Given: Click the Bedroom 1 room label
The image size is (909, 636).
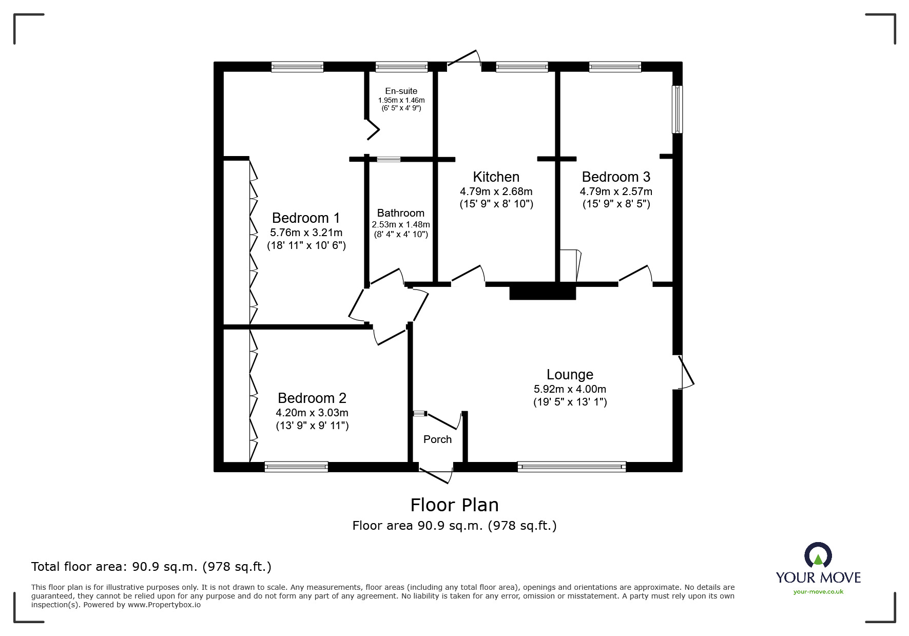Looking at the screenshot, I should coord(306,218).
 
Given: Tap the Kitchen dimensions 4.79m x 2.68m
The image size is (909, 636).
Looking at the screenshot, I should coord(496,191).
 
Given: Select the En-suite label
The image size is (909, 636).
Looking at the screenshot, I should coord(401,91).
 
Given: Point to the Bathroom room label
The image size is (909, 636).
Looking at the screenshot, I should coord(400,213).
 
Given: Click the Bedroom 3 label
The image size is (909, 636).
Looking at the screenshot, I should coord(615,177).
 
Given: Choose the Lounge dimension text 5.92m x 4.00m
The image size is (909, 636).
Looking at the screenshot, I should coord(570,389).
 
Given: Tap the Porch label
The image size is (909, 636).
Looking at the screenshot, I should coord(437,439).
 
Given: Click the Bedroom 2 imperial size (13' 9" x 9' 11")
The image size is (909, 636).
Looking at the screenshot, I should coord(312,426).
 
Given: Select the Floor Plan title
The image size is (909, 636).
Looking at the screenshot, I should coord(454,505).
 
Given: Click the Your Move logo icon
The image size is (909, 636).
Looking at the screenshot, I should coord(818,556).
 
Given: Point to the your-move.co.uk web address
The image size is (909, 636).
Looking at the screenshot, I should coord(818,592).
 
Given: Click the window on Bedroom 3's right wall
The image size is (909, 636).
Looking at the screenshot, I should coord(678,109).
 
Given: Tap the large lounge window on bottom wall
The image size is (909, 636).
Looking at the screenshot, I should coord(571,467).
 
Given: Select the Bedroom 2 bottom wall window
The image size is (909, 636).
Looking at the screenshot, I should coord(296,467).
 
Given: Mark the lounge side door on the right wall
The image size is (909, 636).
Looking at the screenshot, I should coord(686,372).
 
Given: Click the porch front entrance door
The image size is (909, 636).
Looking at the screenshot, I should coord(436,474).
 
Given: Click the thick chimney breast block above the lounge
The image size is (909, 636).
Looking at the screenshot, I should coord(543,292).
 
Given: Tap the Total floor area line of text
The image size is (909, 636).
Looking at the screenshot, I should coord(151,567).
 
